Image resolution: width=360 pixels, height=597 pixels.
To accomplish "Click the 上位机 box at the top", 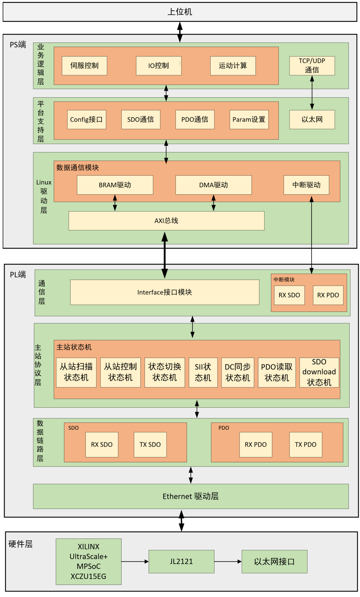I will pyautogui.click(x=180, y=12).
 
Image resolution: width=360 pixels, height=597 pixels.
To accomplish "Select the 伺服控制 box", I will pyautogui.click(x=84, y=66).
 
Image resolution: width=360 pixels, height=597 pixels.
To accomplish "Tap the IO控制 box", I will pyautogui.click(x=159, y=66).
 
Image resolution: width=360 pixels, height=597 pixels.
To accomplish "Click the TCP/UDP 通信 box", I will pyautogui.click(x=312, y=65).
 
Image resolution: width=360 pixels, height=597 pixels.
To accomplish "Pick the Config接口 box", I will pyautogui.click(x=86, y=119).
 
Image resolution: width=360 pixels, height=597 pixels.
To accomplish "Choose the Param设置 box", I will pyautogui.click(x=249, y=119).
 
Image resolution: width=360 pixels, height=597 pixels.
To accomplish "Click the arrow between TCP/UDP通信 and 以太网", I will pyautogui.click(x=312, y=93).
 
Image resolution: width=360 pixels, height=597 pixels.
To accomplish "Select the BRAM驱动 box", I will pyautogui.click(x=115, y=185).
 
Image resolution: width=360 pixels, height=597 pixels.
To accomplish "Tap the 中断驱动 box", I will pyautogui.click(x=306, y=185).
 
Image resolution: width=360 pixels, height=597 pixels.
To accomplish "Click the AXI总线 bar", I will pyautogui.click(x=166, y=221).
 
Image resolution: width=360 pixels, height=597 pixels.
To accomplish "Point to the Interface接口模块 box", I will pyautogui.click(x=165, y=292).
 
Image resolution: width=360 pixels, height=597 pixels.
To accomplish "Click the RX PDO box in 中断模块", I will pyautogui.click(x=328, y=295).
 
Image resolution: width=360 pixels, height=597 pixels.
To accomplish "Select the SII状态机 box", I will pyautogui.click(x=203, y=372).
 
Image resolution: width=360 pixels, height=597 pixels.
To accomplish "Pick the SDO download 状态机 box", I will pyautogui.click(x=319, y=372).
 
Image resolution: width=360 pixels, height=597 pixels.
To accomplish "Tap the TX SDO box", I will pyautogui.click(x=150, y=444).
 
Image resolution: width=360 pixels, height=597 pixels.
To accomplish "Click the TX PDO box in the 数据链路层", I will pyautogui.click(x=306, y=444).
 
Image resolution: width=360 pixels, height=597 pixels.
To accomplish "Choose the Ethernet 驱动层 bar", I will pyautogui.click(x=190, y=496).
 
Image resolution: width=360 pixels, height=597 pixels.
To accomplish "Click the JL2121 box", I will pyautogui.click(x=181, y=561).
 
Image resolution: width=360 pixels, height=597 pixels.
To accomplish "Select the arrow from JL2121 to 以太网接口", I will pyautogui.click(x=228, y=561).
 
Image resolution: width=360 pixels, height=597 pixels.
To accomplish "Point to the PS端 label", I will pyautogui.click(x=18, y=45).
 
